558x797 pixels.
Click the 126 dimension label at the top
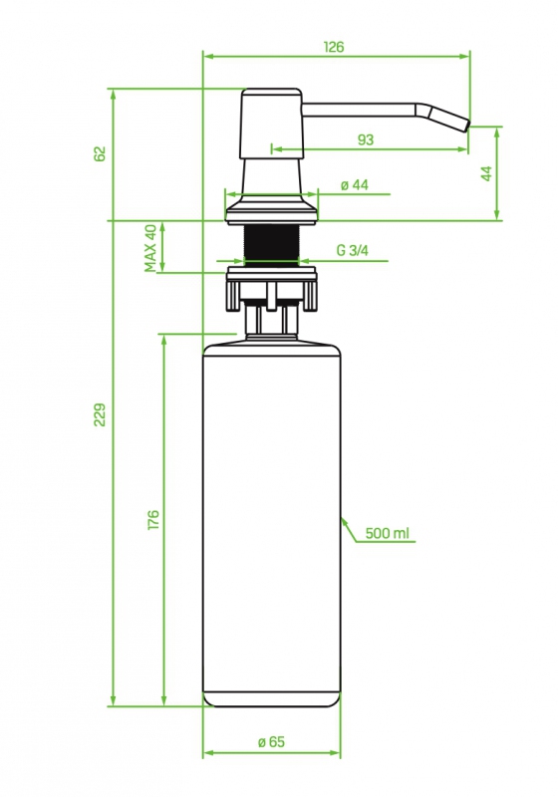[334, 47]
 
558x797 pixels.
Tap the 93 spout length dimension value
[366, 139]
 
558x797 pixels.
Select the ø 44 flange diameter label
[354, 185]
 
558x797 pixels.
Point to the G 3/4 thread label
[352, 250]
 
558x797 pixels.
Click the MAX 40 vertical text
[150, 248]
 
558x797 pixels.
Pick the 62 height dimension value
[100, 153]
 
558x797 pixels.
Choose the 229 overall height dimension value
[100, 414]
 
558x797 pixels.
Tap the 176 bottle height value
[153, 520]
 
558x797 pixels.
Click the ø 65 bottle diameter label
[271, 741]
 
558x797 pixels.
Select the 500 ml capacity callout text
[388, 533]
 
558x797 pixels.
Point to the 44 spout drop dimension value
[486, 173]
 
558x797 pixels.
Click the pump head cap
[271, 124]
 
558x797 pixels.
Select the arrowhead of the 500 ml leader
[344, 521]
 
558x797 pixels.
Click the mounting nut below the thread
[271, 288]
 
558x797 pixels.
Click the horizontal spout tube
[360, 110]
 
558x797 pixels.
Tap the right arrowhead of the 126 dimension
[464, 56]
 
